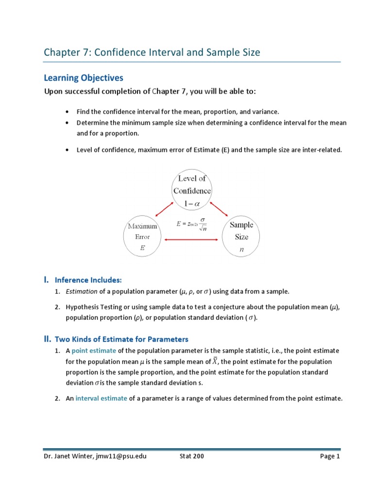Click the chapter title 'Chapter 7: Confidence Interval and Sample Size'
[152, 52]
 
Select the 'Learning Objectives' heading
[84, 78]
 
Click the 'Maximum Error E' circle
[142, 237]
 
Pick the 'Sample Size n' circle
[241, 237]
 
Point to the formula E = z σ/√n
[192, 223]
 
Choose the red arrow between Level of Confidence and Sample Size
[220, 209]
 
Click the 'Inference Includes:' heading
[88, 280]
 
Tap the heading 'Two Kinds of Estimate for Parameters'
[121, 339]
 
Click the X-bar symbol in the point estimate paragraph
[216, 361]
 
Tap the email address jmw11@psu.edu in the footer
[119, 457]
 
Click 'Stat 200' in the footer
[189, 457]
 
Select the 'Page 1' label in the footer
[330, 457]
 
